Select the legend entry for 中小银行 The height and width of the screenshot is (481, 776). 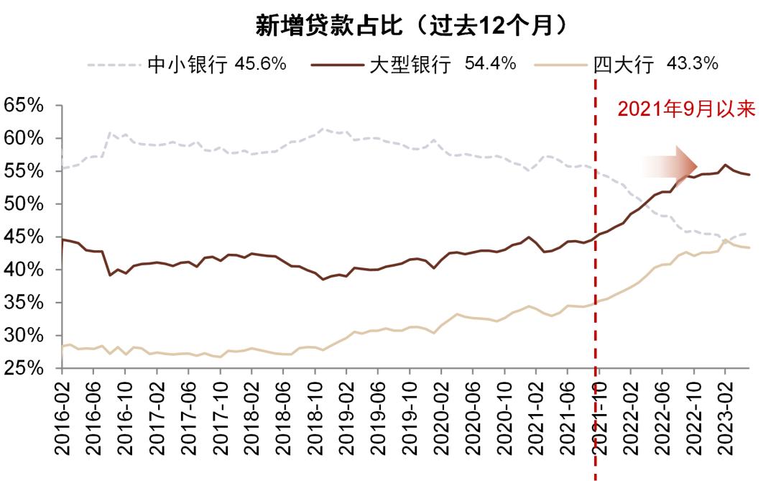(187, 65)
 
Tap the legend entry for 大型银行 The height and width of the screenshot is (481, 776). (410, 65)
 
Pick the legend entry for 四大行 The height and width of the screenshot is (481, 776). (624, 65)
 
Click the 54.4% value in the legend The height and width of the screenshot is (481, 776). (491, 64)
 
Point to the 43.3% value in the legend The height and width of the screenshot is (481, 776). (693, 64)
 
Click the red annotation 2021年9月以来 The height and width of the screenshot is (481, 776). (685, 110)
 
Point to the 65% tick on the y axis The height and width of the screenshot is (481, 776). (24, 106)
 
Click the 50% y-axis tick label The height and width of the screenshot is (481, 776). (24, 204)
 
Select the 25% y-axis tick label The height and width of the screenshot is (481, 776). (24, 368)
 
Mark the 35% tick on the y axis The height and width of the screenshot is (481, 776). (24, 303)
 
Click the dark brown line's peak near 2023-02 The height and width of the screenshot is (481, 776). (725, 165)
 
